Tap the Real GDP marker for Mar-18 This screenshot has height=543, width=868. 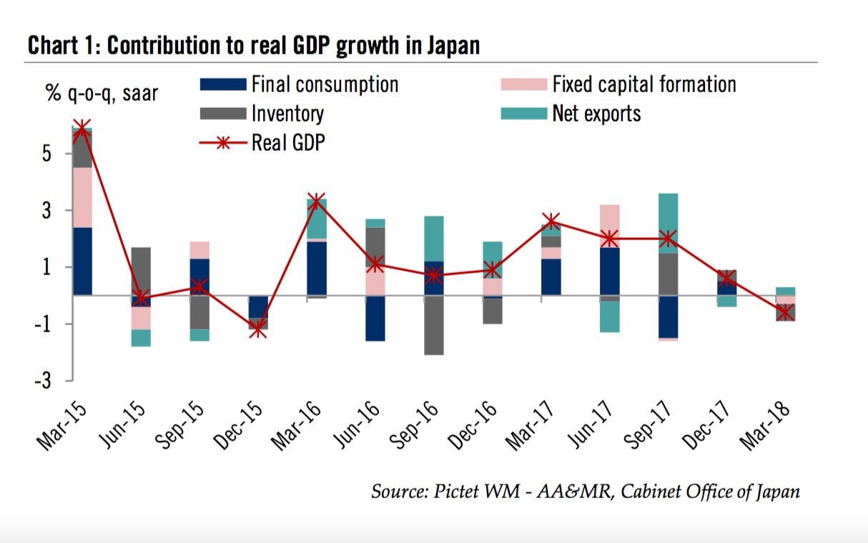tap(786, 312)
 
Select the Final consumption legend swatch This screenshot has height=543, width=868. tap(222, 85)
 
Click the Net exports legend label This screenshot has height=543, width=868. tap(596, 113)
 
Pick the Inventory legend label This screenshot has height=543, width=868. tap(287, 113)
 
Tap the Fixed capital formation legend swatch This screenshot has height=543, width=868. tap(523, 85)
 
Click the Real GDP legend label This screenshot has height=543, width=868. tap(288, 141)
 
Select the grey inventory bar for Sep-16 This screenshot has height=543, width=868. tap(433, 325)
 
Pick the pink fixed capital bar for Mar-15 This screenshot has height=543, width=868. tap(82, 197)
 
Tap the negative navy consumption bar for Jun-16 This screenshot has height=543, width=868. tap(374, 318)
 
